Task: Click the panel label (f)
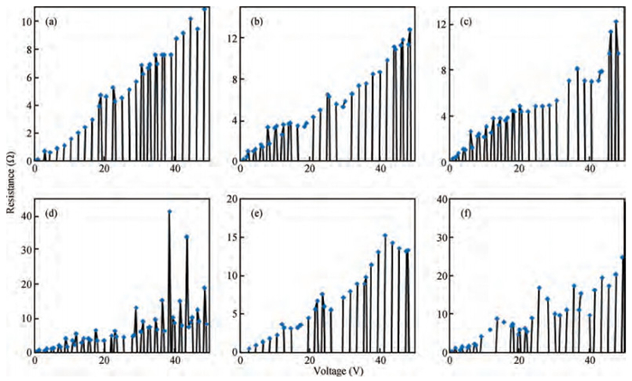466,213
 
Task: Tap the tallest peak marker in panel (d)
169,211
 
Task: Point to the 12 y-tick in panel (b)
230,38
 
